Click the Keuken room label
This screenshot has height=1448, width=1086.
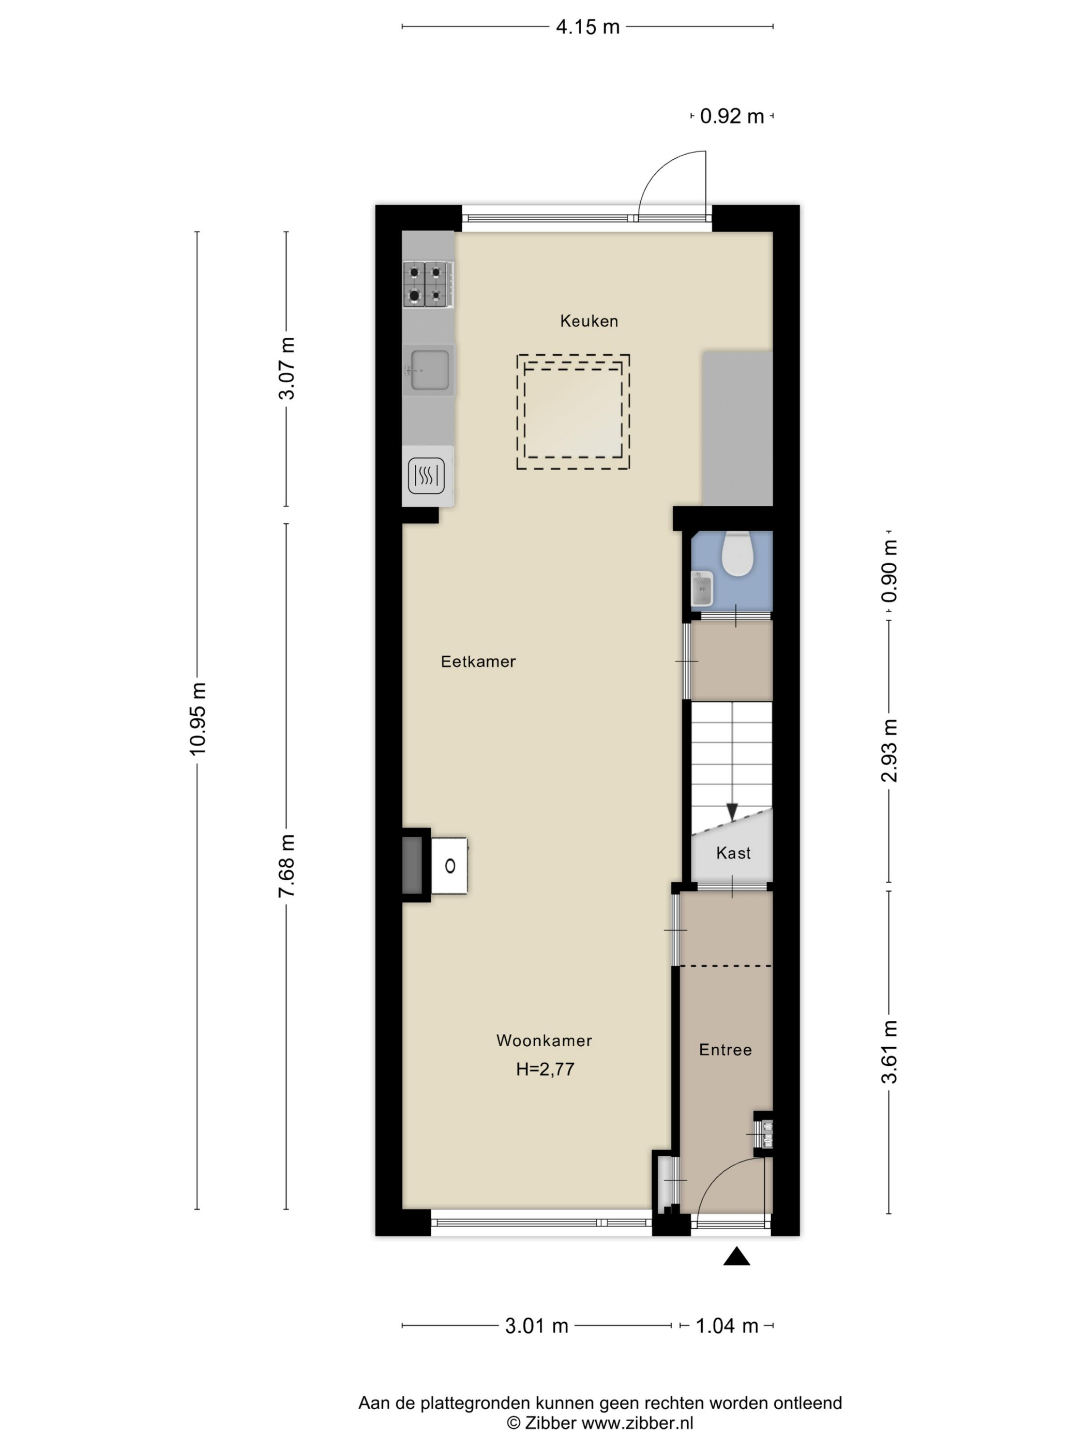coord(589,321)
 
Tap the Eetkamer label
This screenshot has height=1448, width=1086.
coord(478,662)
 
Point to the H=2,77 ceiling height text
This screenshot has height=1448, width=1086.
coord(545,1069)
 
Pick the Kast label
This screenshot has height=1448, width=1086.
coord(733,853)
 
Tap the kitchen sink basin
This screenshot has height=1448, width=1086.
coord(429,370)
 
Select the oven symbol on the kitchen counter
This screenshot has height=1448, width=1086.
coord(426,476)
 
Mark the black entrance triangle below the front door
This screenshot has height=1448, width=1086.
coord(736,1256)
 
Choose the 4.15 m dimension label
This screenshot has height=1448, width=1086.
coord(587,27)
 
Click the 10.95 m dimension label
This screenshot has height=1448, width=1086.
coord(198,718)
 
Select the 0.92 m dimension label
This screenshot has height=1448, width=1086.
coord(732,116)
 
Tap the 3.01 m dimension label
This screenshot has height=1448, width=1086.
coord(537,1326)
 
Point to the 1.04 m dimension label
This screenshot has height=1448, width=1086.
coord(727,1326)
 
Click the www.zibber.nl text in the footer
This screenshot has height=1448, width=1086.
coord(638,1423)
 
